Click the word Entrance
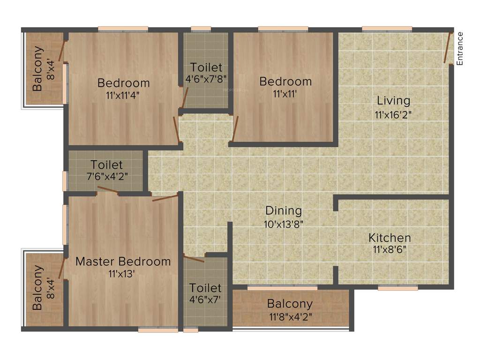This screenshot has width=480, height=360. [x=460, y=48]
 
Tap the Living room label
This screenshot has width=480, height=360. [x=393, y=101]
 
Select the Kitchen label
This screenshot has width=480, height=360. [x=389, y=238]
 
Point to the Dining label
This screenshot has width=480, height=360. [x=284, y=210]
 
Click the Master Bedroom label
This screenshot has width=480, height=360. [x=123, y=262]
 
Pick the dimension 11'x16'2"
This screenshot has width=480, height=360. [x=393, y=113]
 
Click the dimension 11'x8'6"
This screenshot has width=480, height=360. [x=389, y=249]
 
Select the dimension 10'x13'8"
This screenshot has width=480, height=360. [x=284, y=224]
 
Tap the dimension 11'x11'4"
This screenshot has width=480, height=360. [x=123, y=95]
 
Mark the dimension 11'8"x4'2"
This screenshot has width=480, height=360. [x=290, y=316]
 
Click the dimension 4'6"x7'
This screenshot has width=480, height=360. [x=205, y=299]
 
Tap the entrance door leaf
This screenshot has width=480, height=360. [x=448, y=47]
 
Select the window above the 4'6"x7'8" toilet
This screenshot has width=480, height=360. [x=201, y=29]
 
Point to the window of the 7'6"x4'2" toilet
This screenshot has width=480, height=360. [x=65, y=181]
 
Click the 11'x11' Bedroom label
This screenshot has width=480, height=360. [x=285, y=82]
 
